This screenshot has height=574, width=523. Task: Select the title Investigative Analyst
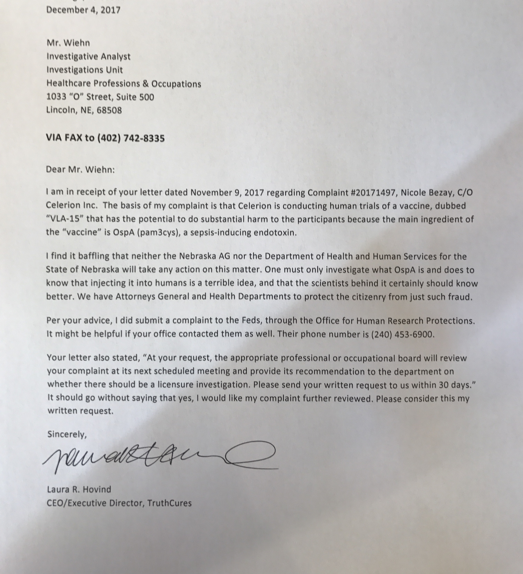[x=88, y=56]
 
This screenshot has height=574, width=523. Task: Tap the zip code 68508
[x=109, y=110]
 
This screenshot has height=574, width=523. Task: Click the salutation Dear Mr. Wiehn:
[x=80, y=170]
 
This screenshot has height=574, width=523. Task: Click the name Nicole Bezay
[x=423, y=193]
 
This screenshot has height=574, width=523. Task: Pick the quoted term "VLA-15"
[x=64, y=219]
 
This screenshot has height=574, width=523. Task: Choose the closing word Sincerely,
[x=67, y=434]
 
